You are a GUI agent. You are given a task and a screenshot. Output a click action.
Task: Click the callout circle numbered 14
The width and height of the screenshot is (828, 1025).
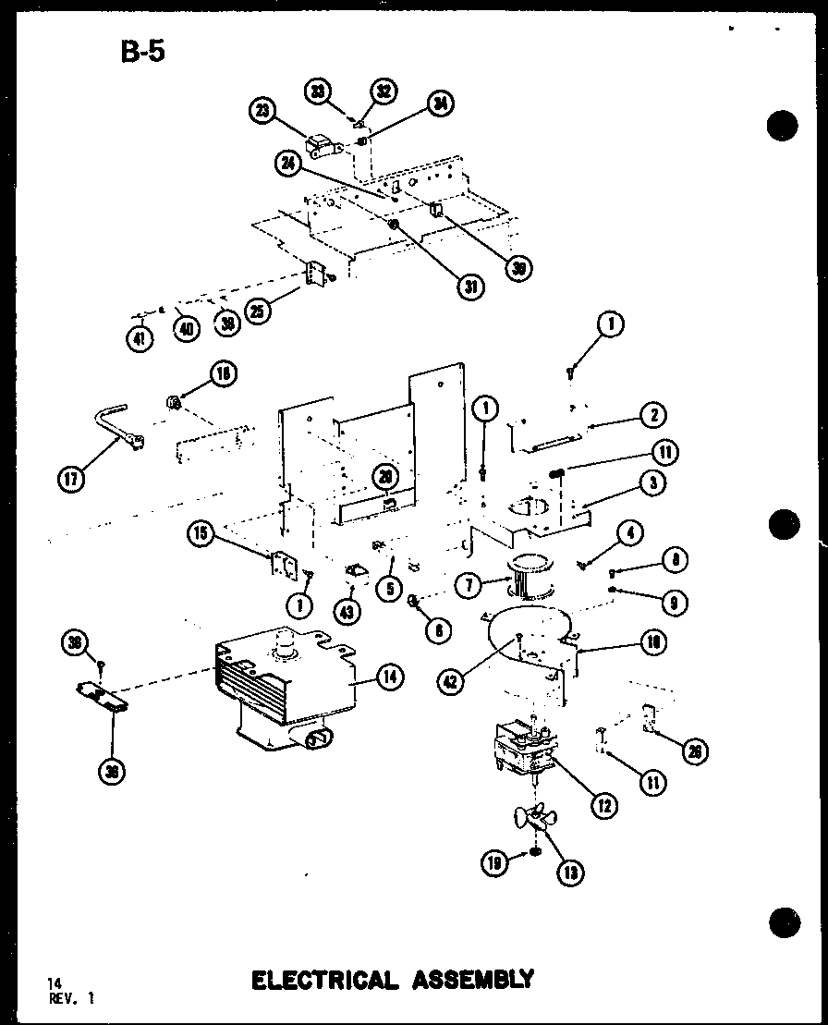point(390,678)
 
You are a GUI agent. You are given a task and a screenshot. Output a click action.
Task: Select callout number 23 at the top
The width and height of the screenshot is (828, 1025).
point(262,112)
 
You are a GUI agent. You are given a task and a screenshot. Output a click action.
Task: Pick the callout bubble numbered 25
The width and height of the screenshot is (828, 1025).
point(259,311)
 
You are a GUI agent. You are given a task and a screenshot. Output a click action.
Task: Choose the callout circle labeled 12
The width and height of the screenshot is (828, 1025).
point(603,804)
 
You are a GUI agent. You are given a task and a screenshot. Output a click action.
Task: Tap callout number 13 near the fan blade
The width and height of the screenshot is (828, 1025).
point(569,870)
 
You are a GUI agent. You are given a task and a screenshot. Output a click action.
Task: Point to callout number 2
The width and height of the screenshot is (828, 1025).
point(652,416)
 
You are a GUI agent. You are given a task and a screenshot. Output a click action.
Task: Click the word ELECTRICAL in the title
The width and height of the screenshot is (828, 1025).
point(323,979)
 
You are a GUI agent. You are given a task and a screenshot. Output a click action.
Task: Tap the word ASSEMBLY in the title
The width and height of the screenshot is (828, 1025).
point(469,979)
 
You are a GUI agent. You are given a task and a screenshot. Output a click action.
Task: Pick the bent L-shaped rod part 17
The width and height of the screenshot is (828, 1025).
point(116,431)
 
